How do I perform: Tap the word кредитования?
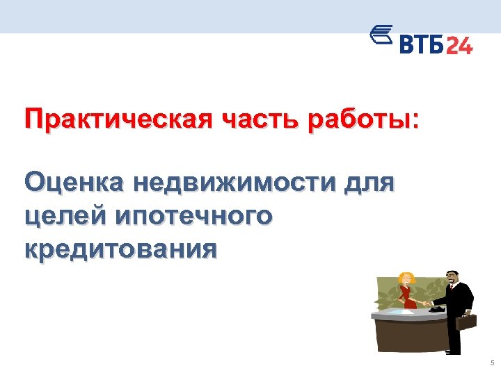coord(120,247)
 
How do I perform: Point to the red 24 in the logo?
coord(459,45)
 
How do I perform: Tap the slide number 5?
coord(491,364)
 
